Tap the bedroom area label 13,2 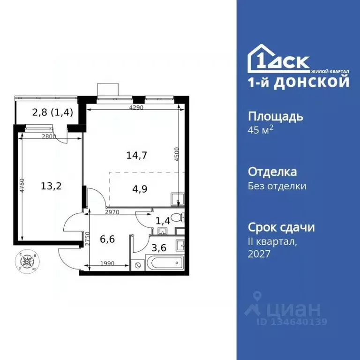[x=51, y=186]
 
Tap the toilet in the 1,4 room [x=178, y=217]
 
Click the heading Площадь [x=275, y=117]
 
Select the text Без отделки [x=277, y=186]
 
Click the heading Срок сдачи [x=281, y=228]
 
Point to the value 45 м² [x=260, y=130]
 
